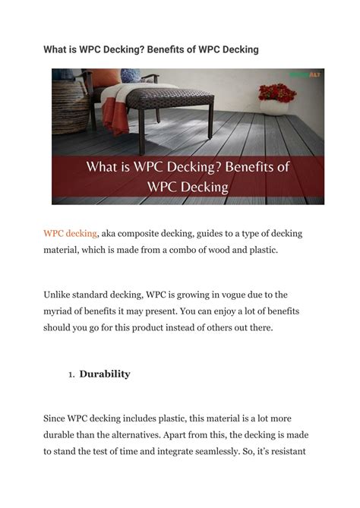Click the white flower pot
[274, 107]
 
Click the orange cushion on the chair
[106, 78]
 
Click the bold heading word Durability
[106, 374]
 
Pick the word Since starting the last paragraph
[57, 418]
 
